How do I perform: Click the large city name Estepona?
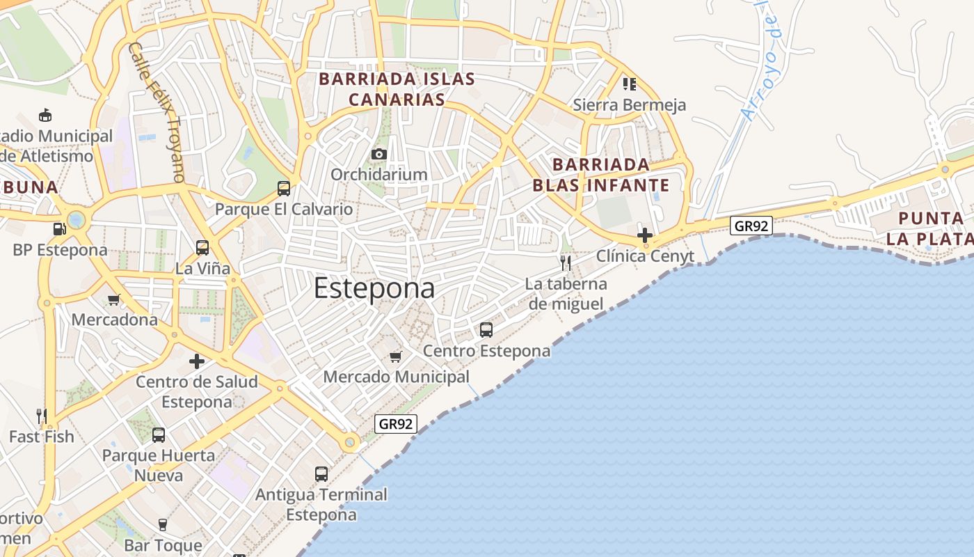click(374, 288)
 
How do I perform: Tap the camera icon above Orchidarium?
click(379, 154)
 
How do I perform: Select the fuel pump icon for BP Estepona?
click(59, 229)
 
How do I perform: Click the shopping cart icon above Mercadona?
click(114, 300)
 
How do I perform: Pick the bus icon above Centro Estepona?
click(486, 330)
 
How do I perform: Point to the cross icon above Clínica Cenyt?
click(645, 235)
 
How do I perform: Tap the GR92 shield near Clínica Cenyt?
click(752, 226)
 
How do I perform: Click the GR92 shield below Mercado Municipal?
click(396, 423)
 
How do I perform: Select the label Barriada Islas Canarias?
click(397, 89)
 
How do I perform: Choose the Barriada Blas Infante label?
click(601, 175)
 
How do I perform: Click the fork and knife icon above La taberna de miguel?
click(566, 263)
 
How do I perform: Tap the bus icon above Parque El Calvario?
click(283, 188)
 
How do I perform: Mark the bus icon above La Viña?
click(202, 247)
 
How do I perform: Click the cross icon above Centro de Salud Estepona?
click(197, 361)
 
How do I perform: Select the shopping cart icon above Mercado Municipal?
click(396, 357)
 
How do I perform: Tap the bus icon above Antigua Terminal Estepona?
click(321, 474)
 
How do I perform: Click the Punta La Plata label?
click(931, 228)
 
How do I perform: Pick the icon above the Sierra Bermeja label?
click(630, 84)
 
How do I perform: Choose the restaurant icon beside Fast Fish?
click(42, 416)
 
